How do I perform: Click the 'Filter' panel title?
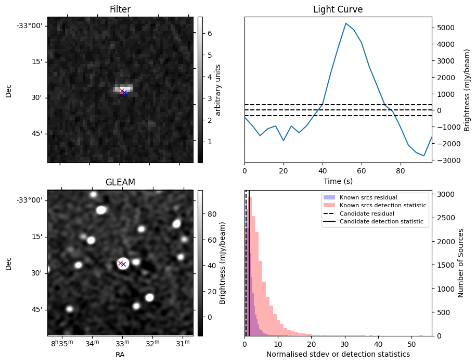tap(120, 9)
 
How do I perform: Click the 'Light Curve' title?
tap(338, 9)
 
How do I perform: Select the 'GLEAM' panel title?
tap(120, 182)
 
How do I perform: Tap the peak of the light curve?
tap(346, 23)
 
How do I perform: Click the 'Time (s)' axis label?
tap(338, 180)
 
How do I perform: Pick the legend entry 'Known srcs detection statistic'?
tap(382, 205)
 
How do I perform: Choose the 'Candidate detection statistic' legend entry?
tap(381, 222)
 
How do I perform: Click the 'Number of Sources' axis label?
tap(461, 263)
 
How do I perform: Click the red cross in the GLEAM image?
tap(120, 263)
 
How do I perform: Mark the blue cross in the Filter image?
tap(125, 92)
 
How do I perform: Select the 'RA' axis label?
tap(120, 355)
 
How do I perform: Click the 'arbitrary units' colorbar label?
tap(218, 90)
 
